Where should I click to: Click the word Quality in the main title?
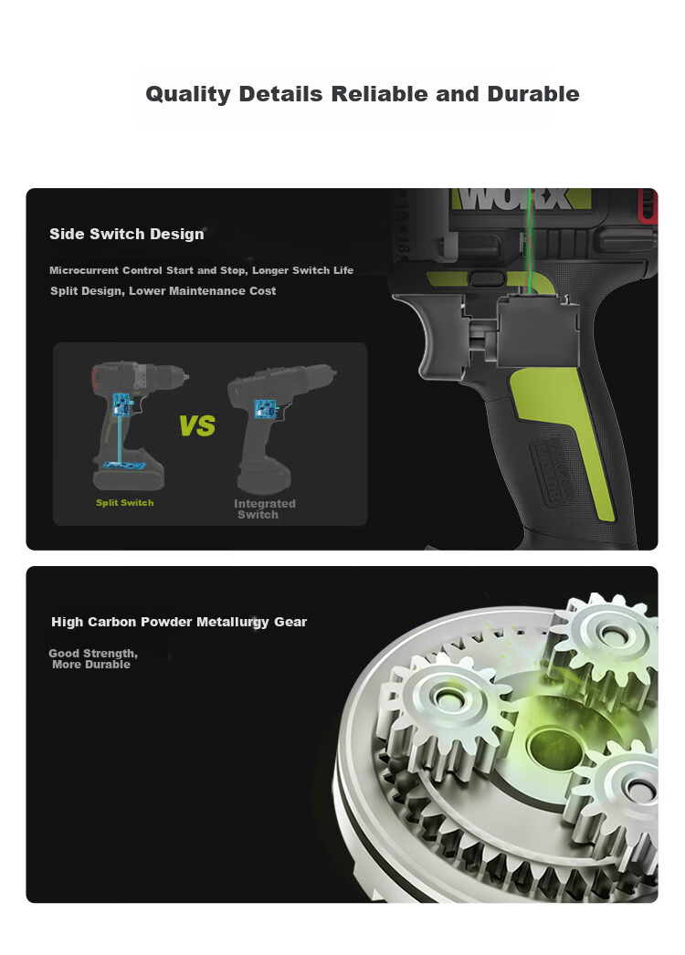188,94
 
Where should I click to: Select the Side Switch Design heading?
127,234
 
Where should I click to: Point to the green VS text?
197,425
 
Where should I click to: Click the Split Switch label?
125,502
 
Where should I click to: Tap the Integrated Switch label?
265,509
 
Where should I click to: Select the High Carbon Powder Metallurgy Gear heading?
179,622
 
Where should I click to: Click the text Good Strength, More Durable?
93,659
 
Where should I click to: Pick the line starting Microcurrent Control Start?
201,270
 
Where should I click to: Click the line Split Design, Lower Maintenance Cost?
163,291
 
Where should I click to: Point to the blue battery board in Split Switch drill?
124,466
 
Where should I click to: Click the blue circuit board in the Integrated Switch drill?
266,408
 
